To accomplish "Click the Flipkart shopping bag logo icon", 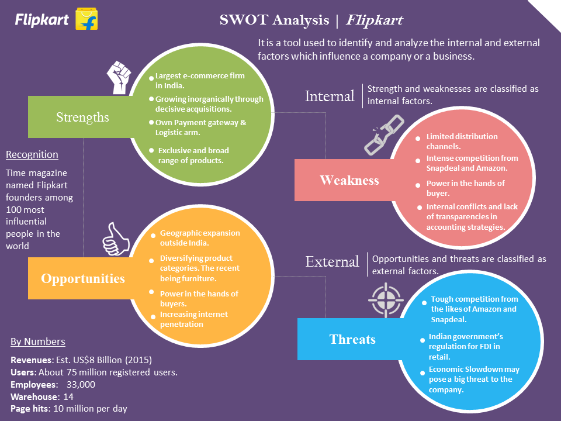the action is [86, 20].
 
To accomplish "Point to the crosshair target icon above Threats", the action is [386, 299].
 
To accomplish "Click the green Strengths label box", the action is [82, 117].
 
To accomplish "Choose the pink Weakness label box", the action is [349, 180].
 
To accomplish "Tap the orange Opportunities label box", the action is [82, 278].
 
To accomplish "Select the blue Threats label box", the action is [352, 339].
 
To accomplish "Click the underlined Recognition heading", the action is [32, 154].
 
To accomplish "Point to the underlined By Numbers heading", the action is [38, 342].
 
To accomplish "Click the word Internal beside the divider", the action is [330, 96].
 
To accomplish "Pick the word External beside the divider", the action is [332, 261].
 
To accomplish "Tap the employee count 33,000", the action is [81, 384].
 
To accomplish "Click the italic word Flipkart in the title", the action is [374, 20].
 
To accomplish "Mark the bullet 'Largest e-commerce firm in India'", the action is [199, 81].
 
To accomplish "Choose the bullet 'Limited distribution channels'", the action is [462, 141].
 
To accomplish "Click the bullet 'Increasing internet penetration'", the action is [193, 319].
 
